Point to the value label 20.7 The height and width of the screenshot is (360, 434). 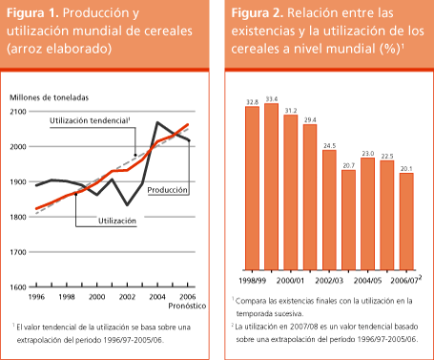click(349, 165)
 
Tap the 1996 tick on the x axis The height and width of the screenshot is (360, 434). click(35, 297)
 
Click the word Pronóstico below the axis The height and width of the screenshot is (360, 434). click(186, 307)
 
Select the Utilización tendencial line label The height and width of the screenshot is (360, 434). click(88, 122)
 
